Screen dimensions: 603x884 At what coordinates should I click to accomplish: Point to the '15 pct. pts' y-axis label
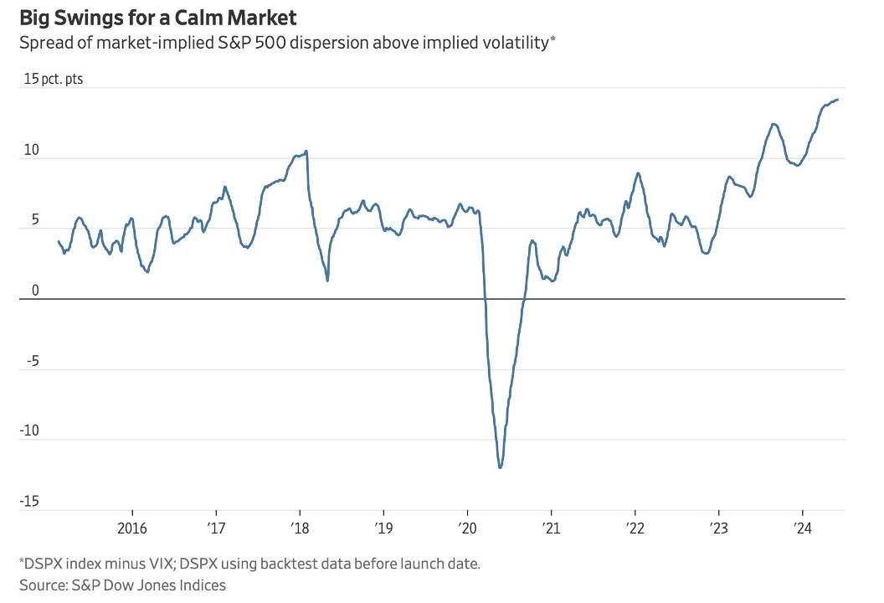tap(54, 80)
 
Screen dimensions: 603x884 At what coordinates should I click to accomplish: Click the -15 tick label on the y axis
tap(30, 502)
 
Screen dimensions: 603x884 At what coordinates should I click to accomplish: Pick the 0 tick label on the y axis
tap(35, 291)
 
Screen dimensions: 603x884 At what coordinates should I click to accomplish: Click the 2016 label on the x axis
tap(132, 528)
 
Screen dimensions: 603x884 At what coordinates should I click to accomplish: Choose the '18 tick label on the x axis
tap(300, 528)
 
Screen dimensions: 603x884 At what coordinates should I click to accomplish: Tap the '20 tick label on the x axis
tap(467, 528)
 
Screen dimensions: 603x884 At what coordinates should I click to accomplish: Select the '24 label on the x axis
tap(803, 528)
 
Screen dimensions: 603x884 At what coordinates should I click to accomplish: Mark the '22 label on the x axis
tap(635, 528)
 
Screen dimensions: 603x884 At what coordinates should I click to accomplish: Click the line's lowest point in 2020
tap(500, 467)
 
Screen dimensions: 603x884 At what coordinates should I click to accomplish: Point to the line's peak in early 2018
tap(306, 151)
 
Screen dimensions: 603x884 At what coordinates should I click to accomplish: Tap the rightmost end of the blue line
tap(838, 100)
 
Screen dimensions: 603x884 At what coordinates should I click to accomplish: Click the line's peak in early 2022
tap(638, 173)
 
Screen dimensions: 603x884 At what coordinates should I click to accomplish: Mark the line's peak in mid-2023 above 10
tap(774, 124)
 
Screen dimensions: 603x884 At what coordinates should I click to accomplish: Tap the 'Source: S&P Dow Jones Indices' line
tap(122, 585)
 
